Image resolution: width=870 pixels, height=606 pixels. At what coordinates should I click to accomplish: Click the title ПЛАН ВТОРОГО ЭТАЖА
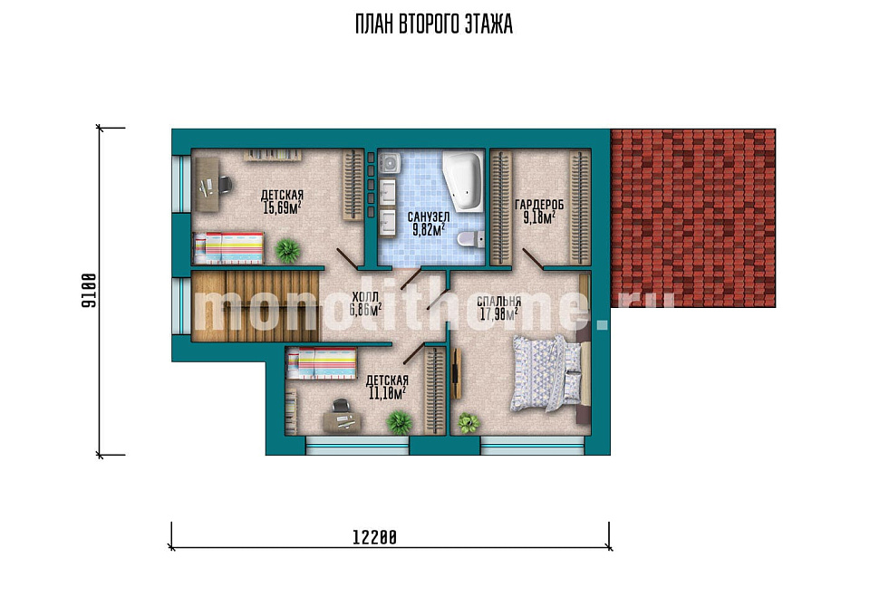click(434, 24)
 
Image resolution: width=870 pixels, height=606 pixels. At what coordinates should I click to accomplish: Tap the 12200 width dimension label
click(374, 537)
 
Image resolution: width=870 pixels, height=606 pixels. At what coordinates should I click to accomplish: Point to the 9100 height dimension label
click(89, 291)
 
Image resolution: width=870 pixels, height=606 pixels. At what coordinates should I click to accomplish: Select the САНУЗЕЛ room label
click(429, 216)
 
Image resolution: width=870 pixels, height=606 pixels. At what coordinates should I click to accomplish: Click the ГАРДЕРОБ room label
click(538, 205)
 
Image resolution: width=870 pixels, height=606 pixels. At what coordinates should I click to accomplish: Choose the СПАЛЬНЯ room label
click(498, 301)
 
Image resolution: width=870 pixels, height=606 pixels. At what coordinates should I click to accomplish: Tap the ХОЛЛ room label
click(365, 296)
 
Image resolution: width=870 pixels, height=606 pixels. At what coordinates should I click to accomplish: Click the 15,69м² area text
click(282, 207)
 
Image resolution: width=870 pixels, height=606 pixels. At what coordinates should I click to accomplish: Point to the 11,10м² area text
click(387, 392)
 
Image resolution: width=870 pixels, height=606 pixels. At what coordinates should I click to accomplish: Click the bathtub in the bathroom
click(463, 181)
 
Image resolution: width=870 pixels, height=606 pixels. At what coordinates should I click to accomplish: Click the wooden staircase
click(256, 305)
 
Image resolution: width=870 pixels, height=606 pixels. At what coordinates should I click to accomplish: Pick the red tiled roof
click(693, 218)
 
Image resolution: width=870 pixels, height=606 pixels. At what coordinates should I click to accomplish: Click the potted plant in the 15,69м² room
click(288, 251)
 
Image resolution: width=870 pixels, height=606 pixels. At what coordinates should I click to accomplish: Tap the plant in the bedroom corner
click(469, 423)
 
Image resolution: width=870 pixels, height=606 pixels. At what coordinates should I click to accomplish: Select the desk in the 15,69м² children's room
click(206, 184)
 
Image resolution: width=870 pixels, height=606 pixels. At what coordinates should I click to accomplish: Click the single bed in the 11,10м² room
click(321, 363)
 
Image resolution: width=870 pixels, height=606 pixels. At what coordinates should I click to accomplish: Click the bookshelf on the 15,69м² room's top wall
click(273, 155)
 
